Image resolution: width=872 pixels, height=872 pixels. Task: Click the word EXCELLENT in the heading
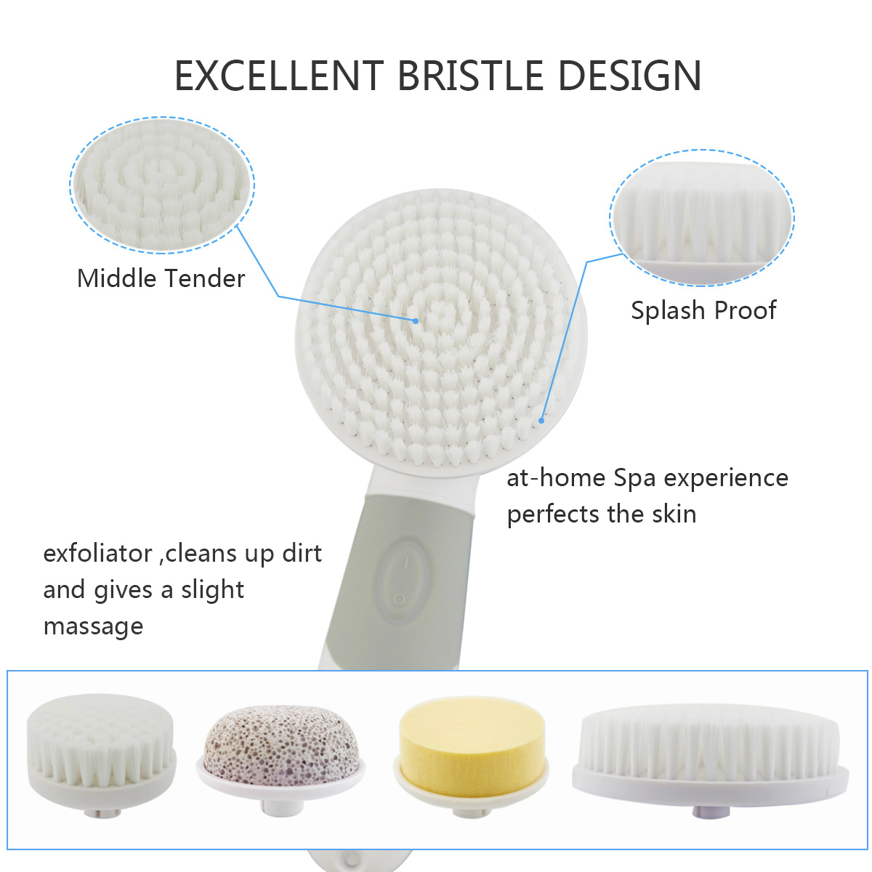(279, 76)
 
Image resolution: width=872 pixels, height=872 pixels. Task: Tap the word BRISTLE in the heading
(471, 76)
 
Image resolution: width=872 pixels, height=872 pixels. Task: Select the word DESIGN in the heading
(629, 76)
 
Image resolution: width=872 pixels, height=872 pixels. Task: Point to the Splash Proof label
(703, 310)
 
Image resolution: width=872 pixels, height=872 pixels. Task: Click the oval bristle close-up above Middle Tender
(162, 185)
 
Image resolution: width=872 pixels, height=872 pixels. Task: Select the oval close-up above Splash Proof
(702, 218)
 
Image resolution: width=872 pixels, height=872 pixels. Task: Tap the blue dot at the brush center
(416, 321)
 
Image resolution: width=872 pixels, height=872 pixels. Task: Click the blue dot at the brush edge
(541, 421)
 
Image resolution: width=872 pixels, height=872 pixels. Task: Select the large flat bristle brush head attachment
(711, 760)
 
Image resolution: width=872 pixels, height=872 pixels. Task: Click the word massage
(93, 627)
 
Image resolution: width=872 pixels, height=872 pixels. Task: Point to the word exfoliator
(98, 553)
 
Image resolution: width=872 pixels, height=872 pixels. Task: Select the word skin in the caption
(674, 514)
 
